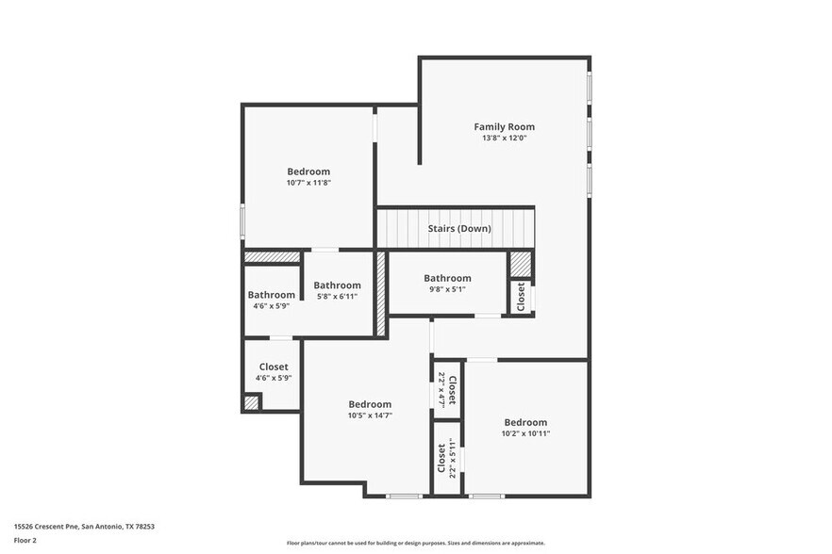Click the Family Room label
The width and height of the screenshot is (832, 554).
[504, 126]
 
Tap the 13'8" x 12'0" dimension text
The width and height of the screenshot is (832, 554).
[504, 138]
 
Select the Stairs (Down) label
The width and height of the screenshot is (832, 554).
[459, 229]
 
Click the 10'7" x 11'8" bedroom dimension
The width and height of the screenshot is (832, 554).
[308, 183]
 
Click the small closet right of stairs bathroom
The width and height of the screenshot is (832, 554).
[521, 297]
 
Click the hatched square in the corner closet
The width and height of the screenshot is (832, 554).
[251, 402]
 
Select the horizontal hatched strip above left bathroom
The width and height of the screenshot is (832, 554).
[272, 256]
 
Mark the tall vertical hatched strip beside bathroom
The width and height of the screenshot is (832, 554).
[381, 293]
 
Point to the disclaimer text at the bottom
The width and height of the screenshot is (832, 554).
[415, 543]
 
